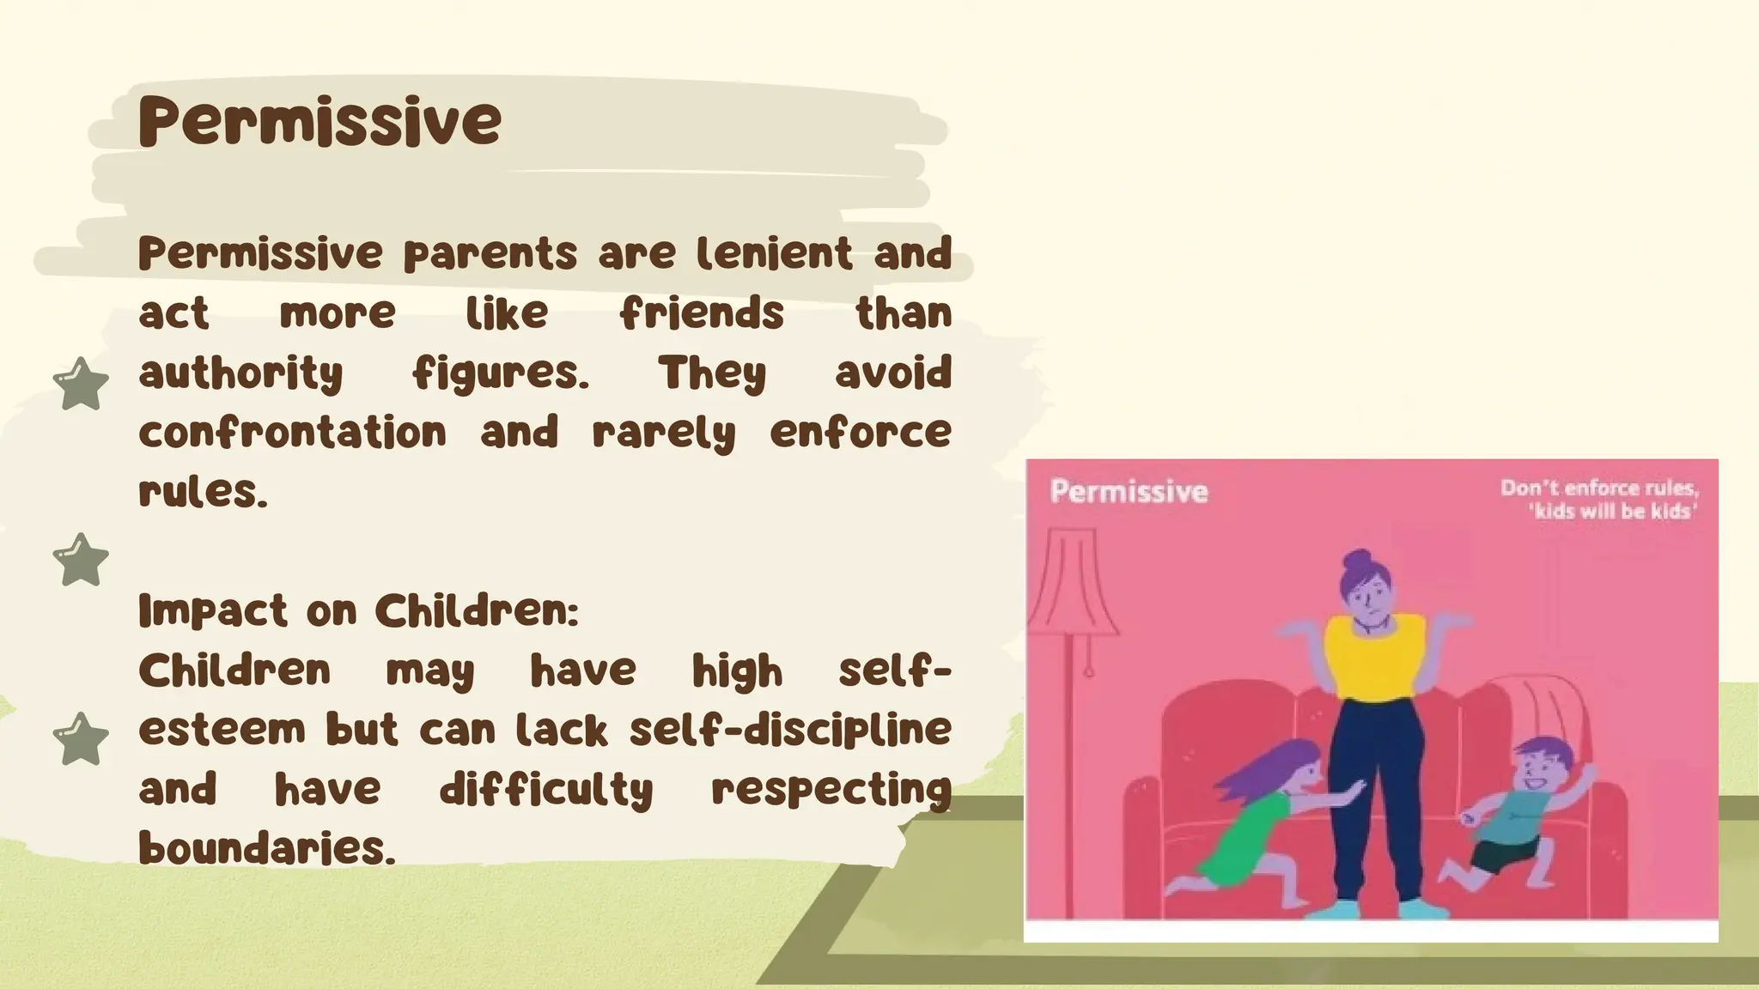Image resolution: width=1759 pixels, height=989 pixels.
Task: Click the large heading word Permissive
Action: coord(320,121)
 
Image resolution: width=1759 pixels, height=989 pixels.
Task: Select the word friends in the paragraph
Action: coord(702,312)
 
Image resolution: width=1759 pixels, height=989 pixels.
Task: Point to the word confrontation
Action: coord(292,432)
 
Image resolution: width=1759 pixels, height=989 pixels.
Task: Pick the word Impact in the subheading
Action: coord(212,612)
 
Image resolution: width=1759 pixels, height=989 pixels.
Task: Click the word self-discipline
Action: coord(790,730)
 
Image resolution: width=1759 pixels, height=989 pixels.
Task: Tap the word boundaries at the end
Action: coord(266,848)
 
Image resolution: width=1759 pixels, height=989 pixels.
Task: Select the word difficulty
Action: coord(546,790)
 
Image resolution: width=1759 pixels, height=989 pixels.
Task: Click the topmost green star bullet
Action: coord(81,384)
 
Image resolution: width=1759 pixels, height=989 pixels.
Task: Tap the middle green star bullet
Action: coord(81,560)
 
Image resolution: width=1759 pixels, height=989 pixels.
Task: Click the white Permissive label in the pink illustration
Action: coord(1129,492)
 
